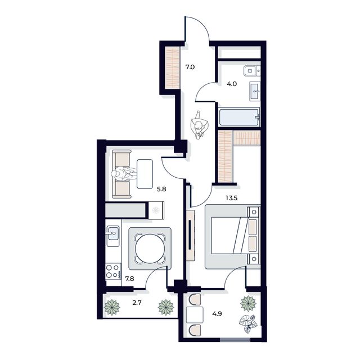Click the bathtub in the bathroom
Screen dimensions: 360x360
coord(239,118)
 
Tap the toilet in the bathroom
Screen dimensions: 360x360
coord(250,71)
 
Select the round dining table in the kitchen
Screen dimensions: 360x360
coord(151,248)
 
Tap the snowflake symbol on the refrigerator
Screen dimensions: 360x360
coord(155,211)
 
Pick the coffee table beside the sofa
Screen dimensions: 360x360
coord(145,174)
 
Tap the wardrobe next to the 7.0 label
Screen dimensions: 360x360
coord(172,66)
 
